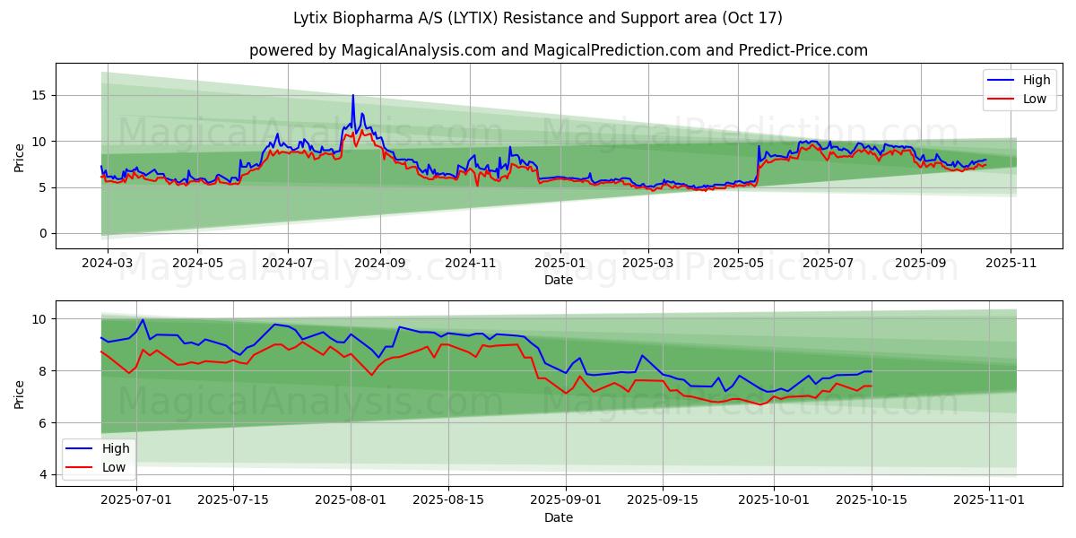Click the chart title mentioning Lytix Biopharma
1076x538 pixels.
[538, 18]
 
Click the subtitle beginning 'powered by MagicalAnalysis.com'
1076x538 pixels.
[558, 50]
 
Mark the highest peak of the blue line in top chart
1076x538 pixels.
[352, 95]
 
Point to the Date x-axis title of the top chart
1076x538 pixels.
[558, 281]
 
